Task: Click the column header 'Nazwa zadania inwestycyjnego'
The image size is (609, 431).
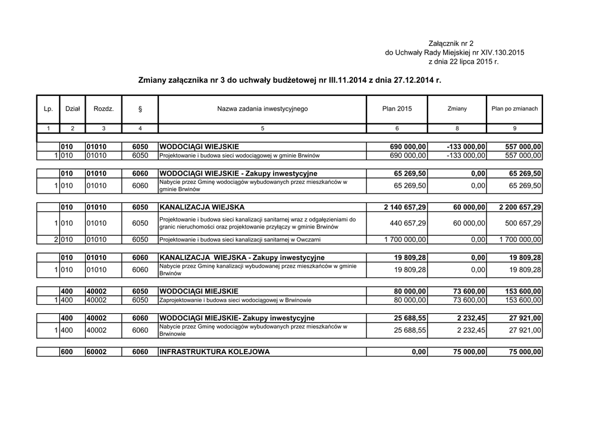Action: click(262, 109)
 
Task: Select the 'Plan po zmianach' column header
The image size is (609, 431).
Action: click(514, 109)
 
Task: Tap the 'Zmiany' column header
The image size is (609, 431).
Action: click(457, 109)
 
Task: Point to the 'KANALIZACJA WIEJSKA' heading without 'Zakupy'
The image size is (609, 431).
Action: click(202, 207)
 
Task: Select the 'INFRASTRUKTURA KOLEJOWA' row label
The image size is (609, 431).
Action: click(215, 352)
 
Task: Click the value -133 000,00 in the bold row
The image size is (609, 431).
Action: click(466, 146)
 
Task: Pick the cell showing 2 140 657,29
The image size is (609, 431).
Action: click(401, 207)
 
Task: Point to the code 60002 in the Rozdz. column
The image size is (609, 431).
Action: click(97, 352)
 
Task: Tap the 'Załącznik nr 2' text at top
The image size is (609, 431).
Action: click(451, 43)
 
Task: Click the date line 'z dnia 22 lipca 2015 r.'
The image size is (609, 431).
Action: click(463, 62)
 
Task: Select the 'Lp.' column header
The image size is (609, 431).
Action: click(49, 109)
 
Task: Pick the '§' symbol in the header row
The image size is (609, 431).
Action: click(140, 109)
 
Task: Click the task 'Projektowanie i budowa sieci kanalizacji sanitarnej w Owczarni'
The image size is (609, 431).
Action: click(240, 240)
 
